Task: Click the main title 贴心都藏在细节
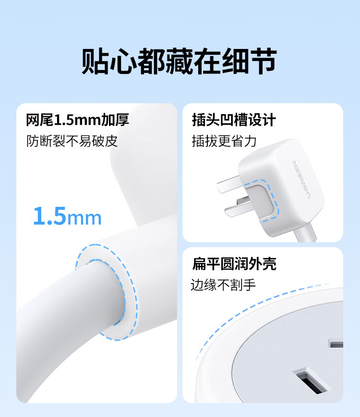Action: [x=179, y=61]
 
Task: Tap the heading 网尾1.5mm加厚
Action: [x=77, y=119]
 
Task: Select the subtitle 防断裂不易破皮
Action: [x=72, y=141]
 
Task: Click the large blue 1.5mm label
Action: [x=67, y=216]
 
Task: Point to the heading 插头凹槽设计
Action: [x=234, y=119]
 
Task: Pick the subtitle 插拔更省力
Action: [x=224, y=141]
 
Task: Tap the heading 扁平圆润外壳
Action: [x=234, y=264]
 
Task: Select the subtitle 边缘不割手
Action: [x=223, y=285]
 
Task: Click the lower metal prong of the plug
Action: [x=238, y=207]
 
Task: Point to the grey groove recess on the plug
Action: [x=262, y=200]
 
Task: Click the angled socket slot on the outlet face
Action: [x=311, y=381]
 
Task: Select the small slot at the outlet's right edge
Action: [x=336, y=343]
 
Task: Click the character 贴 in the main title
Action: [x=95, y=61]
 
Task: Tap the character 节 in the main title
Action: [x=263, y=61]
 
